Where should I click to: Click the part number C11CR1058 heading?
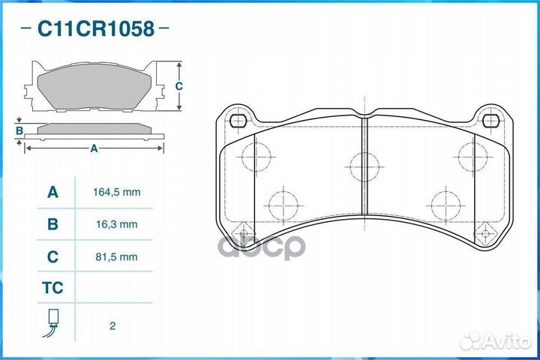(95, 28)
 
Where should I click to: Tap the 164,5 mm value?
(117, 192)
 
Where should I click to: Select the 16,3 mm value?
(117, 224)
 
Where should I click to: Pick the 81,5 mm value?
(117, 257)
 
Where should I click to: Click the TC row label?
(52, 288)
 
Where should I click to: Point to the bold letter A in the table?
(52, 192)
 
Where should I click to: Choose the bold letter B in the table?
(52, 224)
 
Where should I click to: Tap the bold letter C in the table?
(52, 256)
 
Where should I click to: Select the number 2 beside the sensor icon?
(112, 326)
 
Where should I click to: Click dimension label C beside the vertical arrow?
(178, 86)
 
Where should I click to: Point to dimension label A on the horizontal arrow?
(94, 148)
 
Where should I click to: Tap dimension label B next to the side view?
(19, 131)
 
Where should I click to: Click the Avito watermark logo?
(495, 340)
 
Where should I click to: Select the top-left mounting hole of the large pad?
(238, 121)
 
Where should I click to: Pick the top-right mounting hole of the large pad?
(491, 121)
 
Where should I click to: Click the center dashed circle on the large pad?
(364, 166)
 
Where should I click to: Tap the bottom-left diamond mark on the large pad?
(244, 233)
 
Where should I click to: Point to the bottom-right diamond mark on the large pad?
(485, 233)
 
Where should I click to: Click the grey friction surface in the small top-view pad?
(94, 86)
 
